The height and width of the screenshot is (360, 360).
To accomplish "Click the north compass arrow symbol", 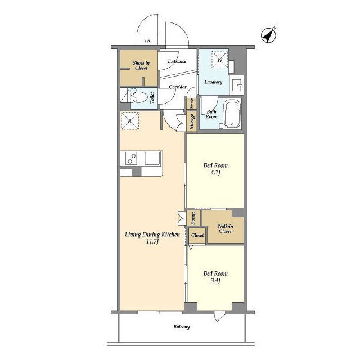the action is pos(269,35).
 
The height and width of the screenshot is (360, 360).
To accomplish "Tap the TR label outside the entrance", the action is pos(147,41).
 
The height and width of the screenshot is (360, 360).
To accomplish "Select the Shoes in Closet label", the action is pos(141,65).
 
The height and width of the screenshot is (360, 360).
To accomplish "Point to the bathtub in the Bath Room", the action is pos(232,114).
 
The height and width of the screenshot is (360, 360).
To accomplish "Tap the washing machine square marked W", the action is pos(220,60).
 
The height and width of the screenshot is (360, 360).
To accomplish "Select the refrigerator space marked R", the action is pos(130,121).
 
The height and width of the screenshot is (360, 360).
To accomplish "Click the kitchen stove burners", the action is pos(131,158).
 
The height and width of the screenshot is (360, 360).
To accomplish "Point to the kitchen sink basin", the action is pos(152,158).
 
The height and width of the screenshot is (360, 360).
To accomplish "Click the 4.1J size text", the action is pos(215,173).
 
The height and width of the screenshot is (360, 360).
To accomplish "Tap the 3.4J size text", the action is pos(215,281).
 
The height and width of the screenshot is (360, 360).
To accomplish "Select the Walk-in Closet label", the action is pos(225,229).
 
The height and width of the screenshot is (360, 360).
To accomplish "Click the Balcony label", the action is pos(182,327).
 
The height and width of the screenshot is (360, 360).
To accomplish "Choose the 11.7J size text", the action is pos(152,241).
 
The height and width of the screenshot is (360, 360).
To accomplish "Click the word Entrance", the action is pos(177,61).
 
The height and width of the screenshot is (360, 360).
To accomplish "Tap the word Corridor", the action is pos(178,87).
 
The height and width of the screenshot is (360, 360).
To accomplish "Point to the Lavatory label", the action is pos(213,82).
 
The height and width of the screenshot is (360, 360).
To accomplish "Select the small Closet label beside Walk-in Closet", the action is pos(197,235).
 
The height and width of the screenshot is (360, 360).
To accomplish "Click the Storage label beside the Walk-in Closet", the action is pos(193,218).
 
